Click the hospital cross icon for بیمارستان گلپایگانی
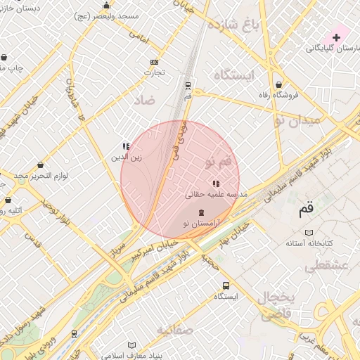[336, 37]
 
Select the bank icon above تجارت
[155, 62]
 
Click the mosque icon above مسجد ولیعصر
[106, 6]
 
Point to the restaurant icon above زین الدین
[126, 146]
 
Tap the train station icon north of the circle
[188, 85]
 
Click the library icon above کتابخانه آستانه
[308, 232]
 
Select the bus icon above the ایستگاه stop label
[226, 285]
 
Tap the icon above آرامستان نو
[202, 212]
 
